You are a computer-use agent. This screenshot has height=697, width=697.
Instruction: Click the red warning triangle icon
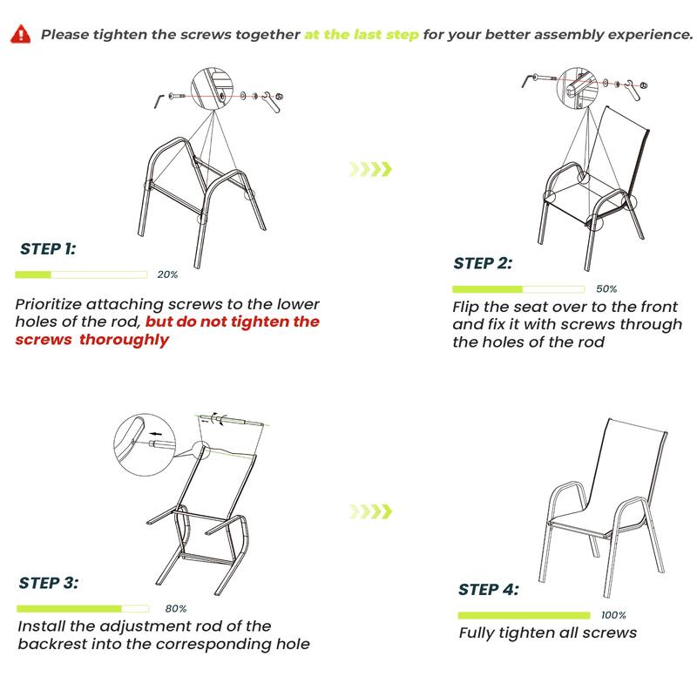[x=19, y=35]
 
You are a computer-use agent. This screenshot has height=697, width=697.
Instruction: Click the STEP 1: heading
[x=48, y=249]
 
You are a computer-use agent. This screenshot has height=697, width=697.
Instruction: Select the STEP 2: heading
[x=483, y=263]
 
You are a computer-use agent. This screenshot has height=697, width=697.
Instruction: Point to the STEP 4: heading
[x=488, y=590]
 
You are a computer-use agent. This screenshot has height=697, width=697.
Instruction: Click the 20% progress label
[x=167, y=274]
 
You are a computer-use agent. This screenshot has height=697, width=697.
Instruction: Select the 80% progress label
[x=175, y=608]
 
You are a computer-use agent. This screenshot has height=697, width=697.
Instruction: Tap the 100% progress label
[x=613, y=615]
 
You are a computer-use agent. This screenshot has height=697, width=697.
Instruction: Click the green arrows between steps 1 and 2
[x=369, y=168]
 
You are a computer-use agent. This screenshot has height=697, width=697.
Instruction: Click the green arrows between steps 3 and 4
[x=369, y=511]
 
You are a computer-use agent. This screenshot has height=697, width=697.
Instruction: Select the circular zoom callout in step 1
[x=215, y=87]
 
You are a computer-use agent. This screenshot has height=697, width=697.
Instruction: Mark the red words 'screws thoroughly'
[x=91, y=340]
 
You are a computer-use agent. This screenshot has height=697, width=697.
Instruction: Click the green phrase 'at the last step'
[x=362, y=35]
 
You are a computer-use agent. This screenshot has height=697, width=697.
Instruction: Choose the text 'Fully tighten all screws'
[x=547, y=633]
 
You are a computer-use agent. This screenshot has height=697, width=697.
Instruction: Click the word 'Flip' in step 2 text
[x=467, y=308]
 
